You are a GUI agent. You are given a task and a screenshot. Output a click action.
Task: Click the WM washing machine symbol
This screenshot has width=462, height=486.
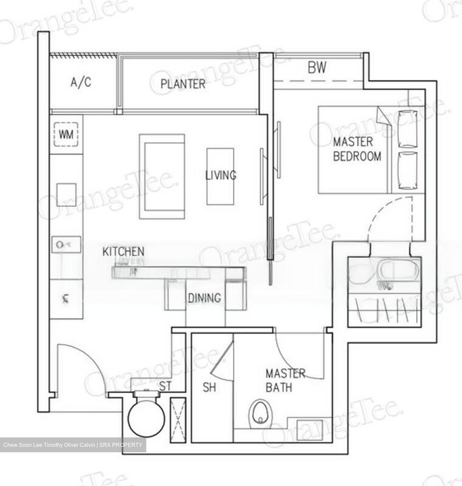(66, 135)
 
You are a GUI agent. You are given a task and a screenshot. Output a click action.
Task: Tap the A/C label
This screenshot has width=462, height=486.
(81, 82)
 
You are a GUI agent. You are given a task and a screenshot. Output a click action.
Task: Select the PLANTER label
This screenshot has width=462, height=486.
(183, 84)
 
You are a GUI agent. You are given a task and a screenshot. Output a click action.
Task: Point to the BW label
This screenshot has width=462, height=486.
(317, 67)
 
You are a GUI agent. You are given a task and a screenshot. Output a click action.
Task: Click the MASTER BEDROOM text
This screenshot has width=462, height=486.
(357, 149)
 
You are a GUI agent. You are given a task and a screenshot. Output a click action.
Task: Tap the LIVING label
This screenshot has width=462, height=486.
(221, 175)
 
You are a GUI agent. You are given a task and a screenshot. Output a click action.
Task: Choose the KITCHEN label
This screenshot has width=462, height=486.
(123, 251)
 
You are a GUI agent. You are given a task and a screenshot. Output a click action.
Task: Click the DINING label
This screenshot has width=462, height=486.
(204, 298)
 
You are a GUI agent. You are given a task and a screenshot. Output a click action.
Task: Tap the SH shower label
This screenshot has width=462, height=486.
(209, 387)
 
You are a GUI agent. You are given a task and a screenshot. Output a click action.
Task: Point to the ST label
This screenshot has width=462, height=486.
(165, 386)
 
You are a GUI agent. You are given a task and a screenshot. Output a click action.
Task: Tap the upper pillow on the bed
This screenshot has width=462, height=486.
(408, 129)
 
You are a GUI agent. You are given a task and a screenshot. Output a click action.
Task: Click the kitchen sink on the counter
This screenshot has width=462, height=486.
(66, 244)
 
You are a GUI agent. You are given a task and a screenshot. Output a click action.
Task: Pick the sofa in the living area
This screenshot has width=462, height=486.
(162, 177)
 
